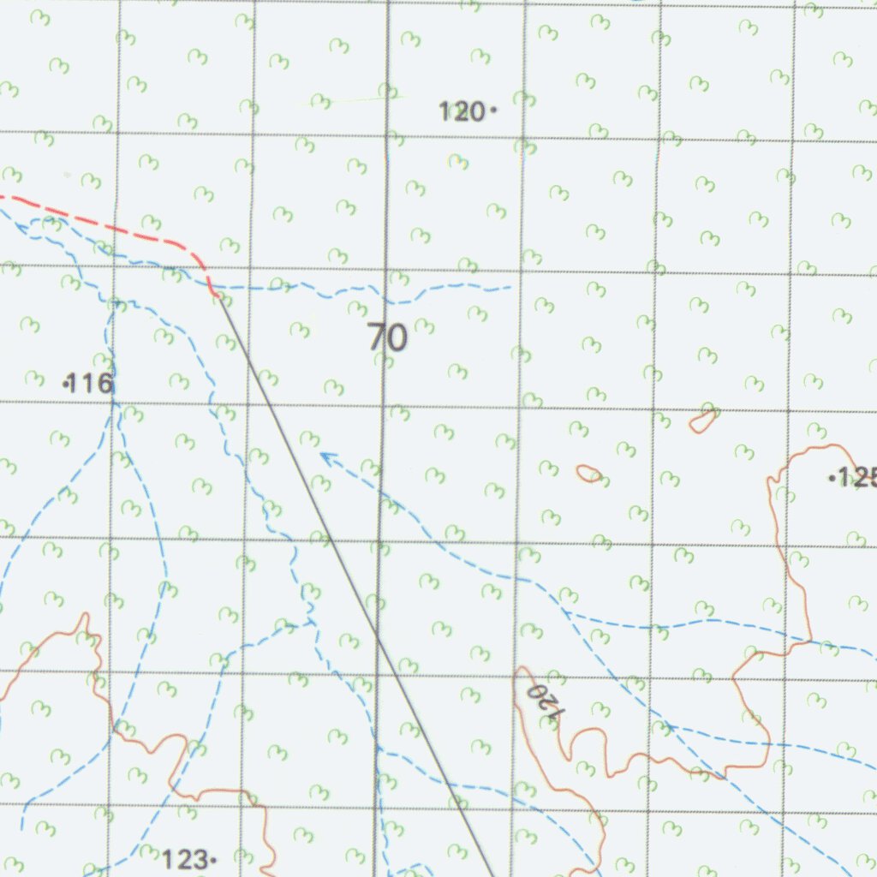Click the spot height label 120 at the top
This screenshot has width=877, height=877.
[461, 111]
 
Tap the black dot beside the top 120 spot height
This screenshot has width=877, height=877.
[493, 110]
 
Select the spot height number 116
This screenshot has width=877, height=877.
[91, 384]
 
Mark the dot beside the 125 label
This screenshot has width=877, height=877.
[832, 479]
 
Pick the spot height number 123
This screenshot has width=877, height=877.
[185, 858]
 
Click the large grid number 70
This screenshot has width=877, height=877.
[388, 338]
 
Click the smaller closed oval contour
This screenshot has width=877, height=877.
[588, 474]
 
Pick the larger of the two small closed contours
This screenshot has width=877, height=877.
[704, 420]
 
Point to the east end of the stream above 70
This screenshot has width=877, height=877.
[511, 287]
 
